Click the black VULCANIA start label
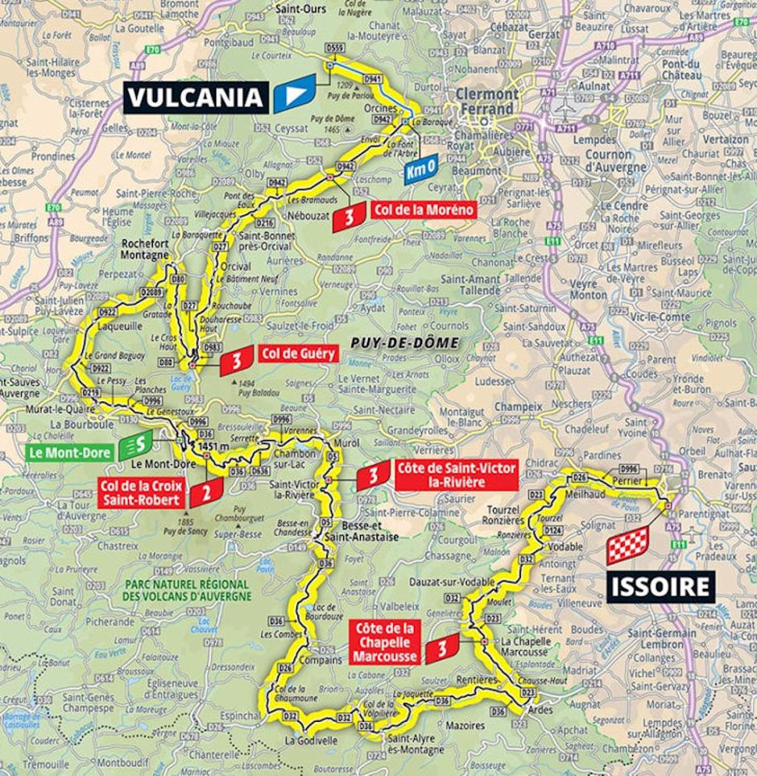tap(196, 97)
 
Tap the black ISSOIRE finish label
tap(661, 586)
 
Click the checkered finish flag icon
tap(627, 546)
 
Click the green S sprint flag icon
tap(137, 444)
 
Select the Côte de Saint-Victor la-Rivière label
tap(456, 475)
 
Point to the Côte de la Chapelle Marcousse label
tap(385, 642)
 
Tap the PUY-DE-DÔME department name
tap(404, 343)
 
